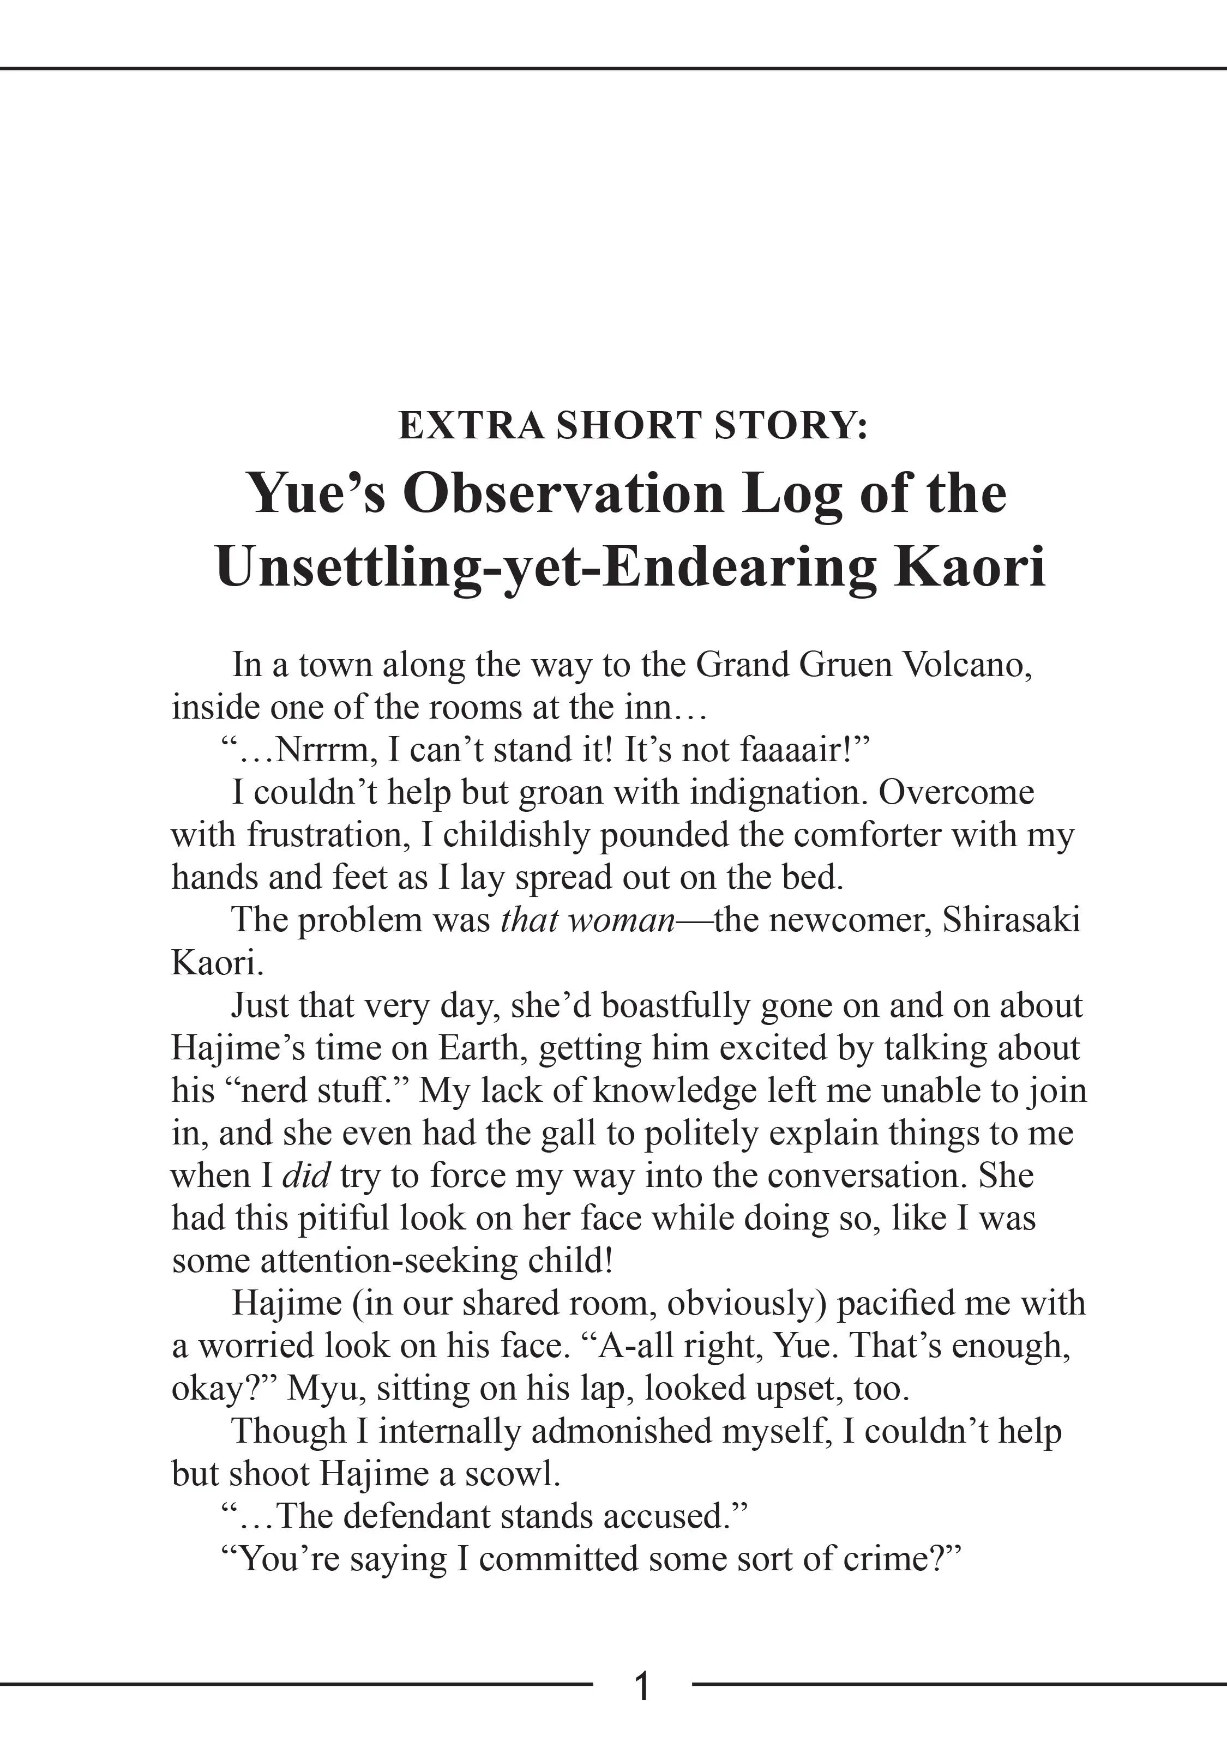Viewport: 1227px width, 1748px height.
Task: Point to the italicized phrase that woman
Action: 588,920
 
